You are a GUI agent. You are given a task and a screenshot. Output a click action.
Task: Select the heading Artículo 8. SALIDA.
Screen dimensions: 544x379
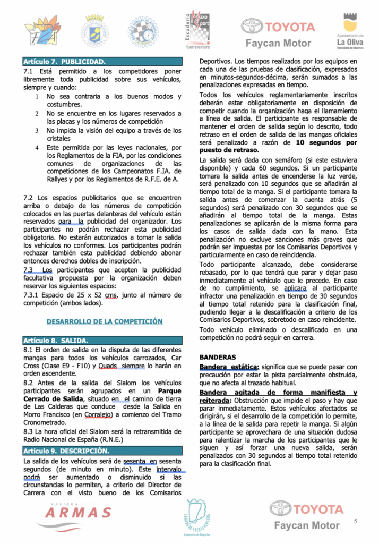coord(56,340)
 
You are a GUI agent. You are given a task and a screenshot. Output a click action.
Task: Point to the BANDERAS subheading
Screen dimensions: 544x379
coord(218,358)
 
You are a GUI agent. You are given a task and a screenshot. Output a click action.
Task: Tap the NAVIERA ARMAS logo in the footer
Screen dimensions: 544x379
coord(78,511)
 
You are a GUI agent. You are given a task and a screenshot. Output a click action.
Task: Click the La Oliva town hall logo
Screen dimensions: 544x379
coord(350,29)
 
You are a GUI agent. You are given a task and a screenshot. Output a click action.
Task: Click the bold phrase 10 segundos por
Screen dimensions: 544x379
coord(326,142)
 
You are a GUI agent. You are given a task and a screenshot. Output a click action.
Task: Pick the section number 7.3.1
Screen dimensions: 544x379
coord(33,295)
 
